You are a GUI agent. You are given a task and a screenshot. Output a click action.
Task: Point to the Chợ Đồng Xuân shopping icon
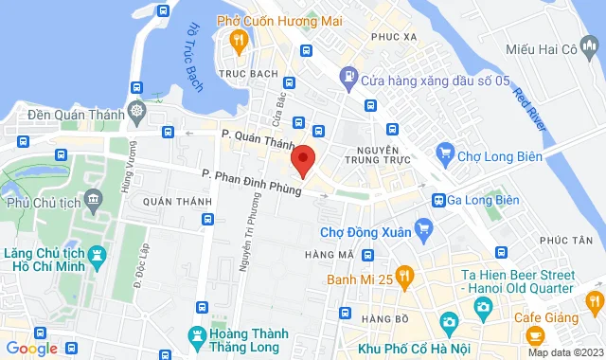(423, 226)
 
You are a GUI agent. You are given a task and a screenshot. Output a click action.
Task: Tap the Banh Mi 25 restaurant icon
(404, 278)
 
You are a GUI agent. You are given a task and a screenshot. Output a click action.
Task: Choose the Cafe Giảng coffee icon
(534, 335)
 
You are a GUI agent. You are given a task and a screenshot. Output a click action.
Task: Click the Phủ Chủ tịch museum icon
(93, 199)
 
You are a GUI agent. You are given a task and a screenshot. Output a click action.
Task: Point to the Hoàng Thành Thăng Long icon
(197, 335)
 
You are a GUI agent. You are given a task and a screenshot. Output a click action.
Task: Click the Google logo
(30, 349)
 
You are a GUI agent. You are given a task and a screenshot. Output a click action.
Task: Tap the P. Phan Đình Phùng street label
(251, 182)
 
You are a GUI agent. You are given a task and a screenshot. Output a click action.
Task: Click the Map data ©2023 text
(564, 352)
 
